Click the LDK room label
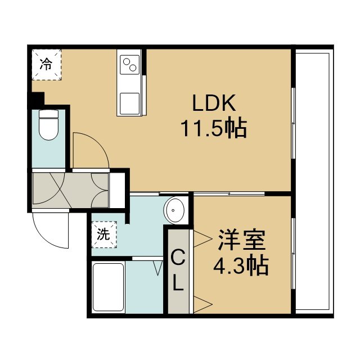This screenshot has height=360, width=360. click(214, 103)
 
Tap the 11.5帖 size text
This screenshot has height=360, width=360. click(214, 129)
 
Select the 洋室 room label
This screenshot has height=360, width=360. click(241, 240)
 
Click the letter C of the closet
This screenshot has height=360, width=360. click(178, 258)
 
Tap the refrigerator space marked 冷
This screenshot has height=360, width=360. click(47, 65)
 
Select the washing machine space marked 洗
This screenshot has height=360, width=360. click(104, 235)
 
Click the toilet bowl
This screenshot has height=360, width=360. click(48, 125)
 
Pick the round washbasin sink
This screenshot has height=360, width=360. click(174, 210)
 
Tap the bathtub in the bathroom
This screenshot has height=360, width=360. click(108, 287)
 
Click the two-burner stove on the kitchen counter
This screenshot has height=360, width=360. click(130, 65)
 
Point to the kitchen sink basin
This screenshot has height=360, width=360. click(130, 103)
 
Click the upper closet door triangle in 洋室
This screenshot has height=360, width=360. click(203, 238)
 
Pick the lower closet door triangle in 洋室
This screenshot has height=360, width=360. click(203, 304)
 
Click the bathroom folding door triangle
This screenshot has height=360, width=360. click(158, 268)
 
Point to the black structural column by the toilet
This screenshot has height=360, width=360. click(37, 99)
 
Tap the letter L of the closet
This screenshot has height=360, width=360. click(178, 283)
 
